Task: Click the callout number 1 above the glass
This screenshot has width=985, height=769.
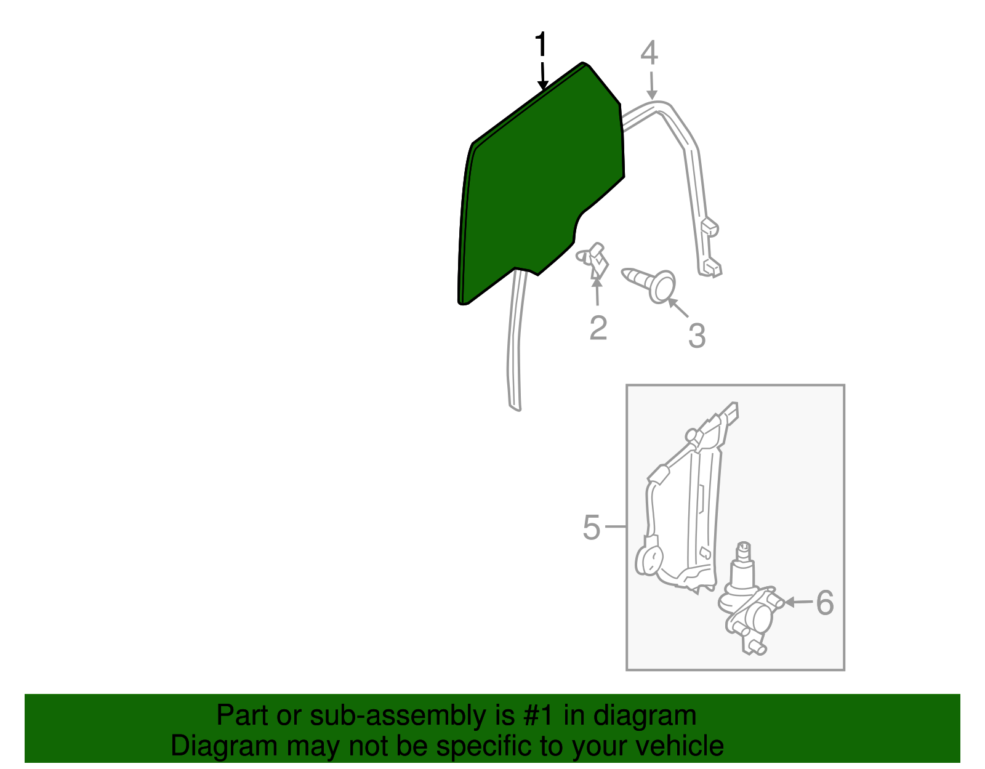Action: click(x=540, y=46)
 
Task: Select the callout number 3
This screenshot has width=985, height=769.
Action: click(x=696, y=336)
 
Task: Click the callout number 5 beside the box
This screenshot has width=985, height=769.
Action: click(x=591, y=528)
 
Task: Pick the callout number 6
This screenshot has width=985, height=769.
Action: click(x=824, y=602)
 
